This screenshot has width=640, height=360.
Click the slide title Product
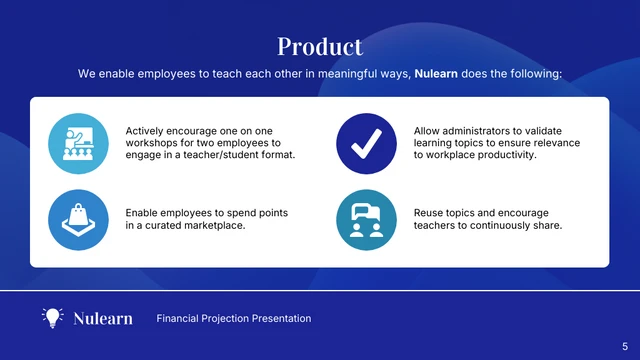click(320, 46)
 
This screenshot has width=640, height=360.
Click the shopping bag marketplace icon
click(78, 220)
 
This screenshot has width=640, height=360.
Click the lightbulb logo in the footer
click(52, 318)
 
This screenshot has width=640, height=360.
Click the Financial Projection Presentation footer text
click(234, 318)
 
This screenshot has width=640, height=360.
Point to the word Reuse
click(430, 213)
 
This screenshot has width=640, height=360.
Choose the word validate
click(542, 131)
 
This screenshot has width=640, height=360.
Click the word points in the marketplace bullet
click(272, 213)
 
